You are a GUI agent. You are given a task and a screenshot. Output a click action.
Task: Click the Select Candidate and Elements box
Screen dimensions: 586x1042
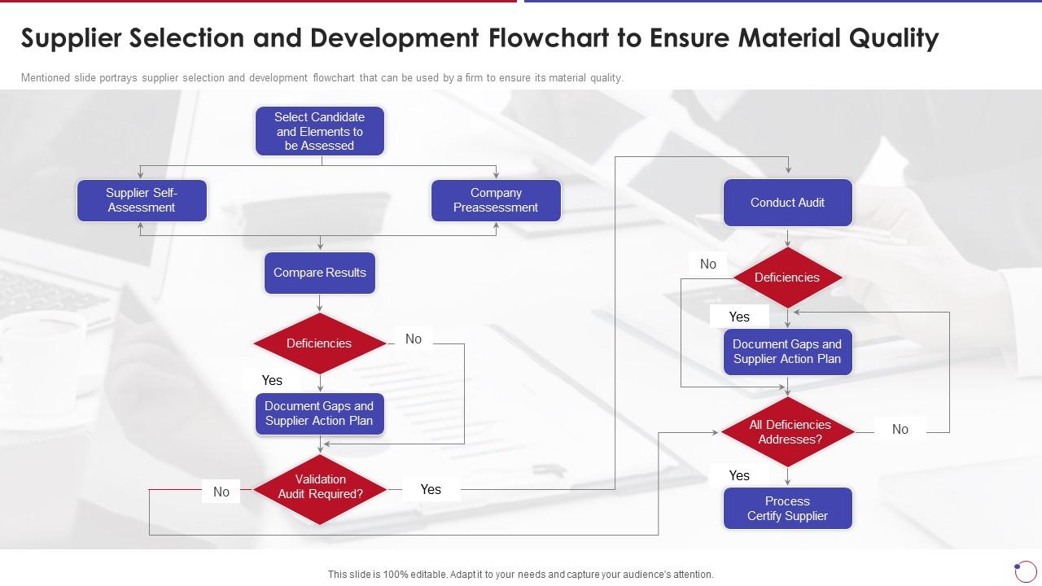click(319, 131)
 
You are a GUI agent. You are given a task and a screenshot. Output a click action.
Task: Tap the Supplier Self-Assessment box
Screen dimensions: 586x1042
click(142, 200)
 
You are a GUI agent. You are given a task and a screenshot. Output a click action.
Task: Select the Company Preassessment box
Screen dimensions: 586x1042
click(495, 200)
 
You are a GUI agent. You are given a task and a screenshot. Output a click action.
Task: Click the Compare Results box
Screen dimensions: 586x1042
click(319, 273)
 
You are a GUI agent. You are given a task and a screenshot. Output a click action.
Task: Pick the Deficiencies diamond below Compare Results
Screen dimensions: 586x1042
click(319, 343)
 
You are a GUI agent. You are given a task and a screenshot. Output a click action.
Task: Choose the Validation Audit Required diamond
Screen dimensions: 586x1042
click(320, 488)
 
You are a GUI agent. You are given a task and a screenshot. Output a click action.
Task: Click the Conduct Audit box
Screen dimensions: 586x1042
click(787, 203)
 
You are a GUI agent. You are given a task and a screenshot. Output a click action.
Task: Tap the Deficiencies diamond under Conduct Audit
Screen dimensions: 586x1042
click(787, 278)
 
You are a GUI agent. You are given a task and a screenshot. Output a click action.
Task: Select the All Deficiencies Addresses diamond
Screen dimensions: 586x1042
click(787, 432)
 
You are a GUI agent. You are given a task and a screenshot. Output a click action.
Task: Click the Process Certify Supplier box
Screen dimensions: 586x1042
click(787, 509)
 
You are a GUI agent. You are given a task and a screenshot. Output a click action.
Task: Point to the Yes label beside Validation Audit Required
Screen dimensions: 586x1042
click(431, 489)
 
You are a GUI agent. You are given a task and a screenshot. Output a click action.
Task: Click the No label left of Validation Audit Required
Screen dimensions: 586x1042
click(221, 492)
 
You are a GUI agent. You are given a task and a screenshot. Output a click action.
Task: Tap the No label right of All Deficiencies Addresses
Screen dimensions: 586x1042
click(900, 429)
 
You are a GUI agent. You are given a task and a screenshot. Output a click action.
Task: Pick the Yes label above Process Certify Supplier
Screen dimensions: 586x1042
click(739, 475)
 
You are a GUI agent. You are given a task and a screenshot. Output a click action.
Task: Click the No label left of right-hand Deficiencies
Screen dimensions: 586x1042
click(708, 264)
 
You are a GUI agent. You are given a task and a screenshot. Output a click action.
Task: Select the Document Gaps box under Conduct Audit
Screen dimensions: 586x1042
click(787, 352)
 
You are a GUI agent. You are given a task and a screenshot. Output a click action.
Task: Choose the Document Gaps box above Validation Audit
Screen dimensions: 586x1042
click(319, 413)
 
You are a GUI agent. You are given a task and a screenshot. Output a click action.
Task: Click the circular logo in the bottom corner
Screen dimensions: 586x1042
click(1026, 571)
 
